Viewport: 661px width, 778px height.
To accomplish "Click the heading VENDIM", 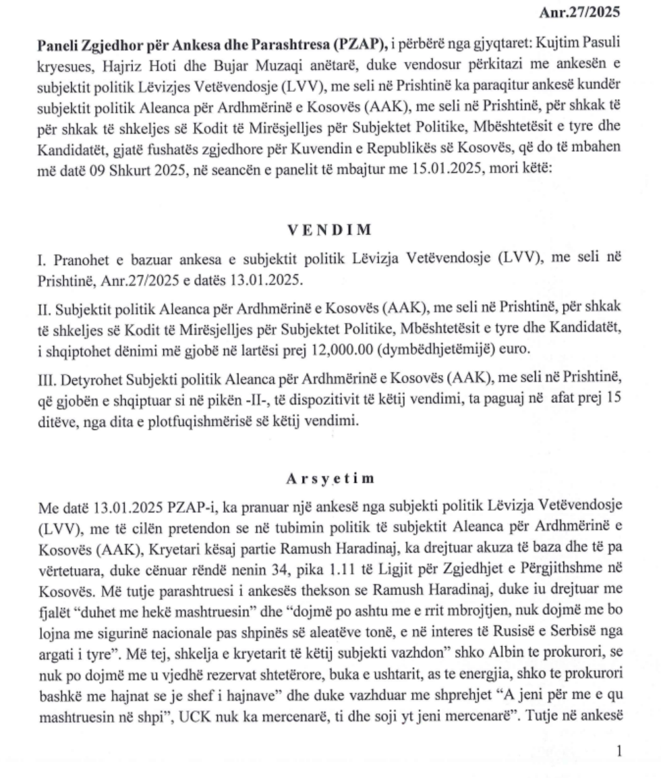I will [x=330, y=229].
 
